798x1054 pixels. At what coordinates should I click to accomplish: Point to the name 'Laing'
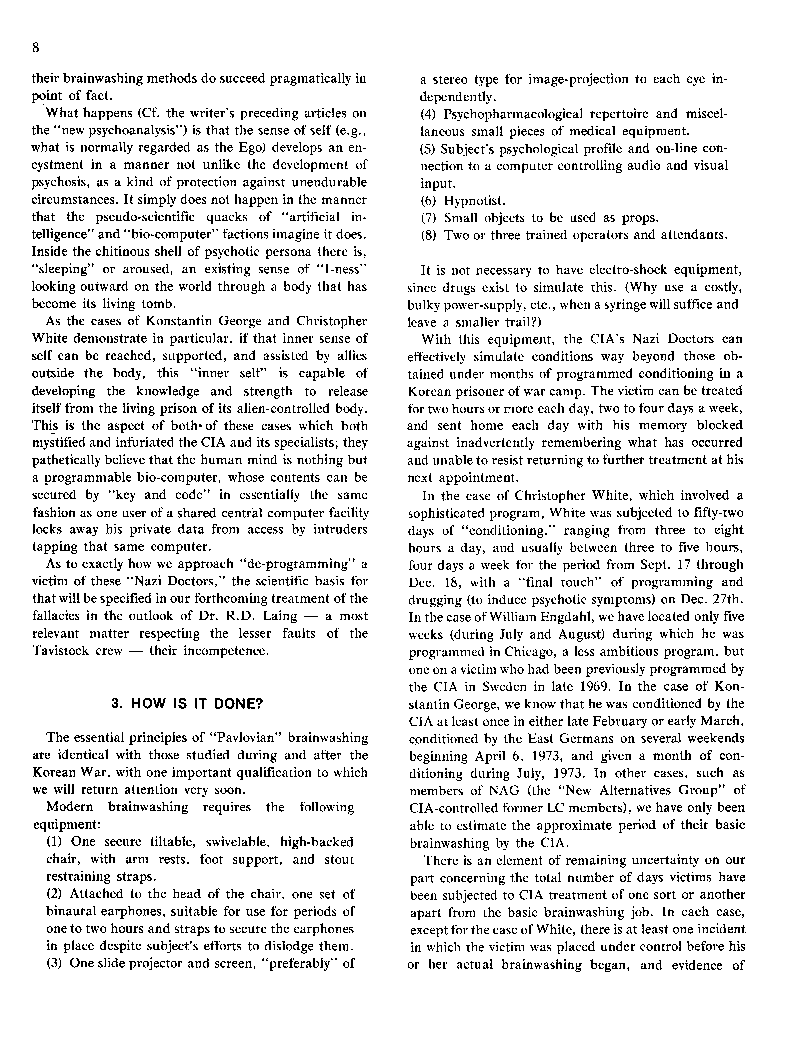276,616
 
